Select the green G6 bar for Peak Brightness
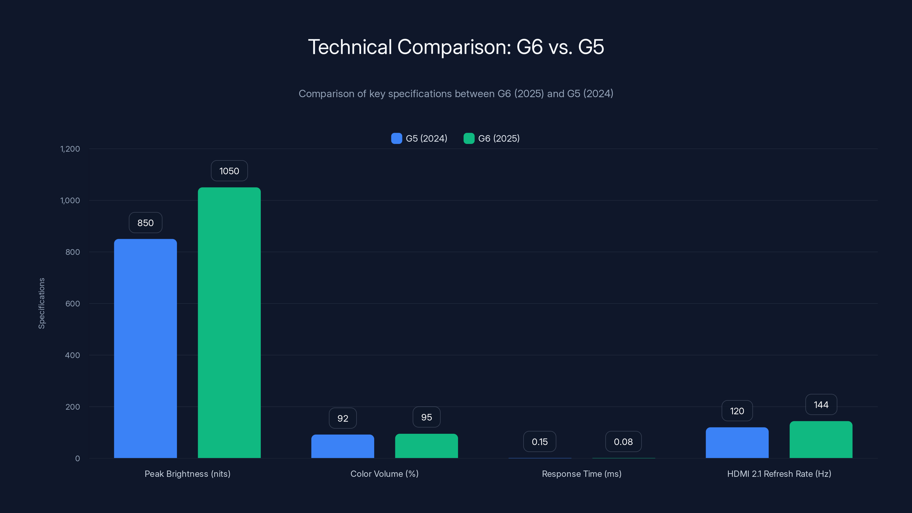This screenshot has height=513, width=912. [x=229, y=323]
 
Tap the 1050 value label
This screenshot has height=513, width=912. [x=229, y=171]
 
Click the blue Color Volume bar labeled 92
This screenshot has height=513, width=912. [x=342, y=446]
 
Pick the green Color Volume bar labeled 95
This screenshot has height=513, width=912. [x=426, y=446]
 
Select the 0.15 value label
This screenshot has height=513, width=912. [x=540, y=441]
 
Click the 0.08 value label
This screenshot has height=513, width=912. [x=623, y=441]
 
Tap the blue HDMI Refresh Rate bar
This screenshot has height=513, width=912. [x=737, y=443]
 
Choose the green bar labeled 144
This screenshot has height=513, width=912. [x=821, y=440]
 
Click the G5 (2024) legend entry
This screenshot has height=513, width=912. [x=419, y=139]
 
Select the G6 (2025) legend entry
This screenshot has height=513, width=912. [x=492, y=139]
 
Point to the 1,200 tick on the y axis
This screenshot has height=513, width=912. [x=70, y=149]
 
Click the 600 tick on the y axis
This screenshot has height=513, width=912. [x=73, y=304]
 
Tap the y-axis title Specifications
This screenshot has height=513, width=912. [x=42, y=304]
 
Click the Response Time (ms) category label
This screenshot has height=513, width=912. [x=581, y=474]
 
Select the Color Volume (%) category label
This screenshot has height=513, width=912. [x=384, y=474]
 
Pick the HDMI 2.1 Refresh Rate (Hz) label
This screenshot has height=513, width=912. [x=779, y=474]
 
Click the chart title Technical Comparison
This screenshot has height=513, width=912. [x=456, y=47]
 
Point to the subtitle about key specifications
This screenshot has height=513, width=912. [x=456, y=93]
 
